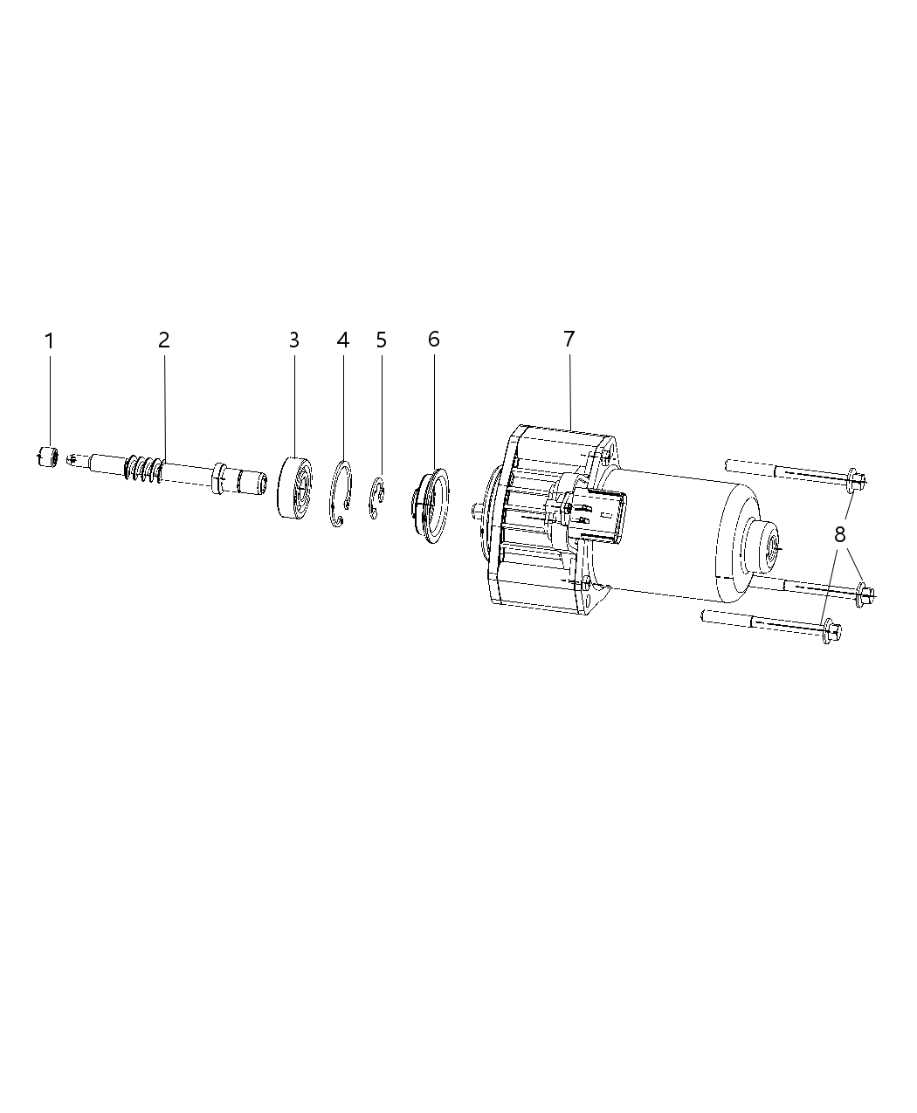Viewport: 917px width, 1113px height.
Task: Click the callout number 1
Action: click(x=50, y=340)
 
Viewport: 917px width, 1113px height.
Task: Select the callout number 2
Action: click(x=164, y=340)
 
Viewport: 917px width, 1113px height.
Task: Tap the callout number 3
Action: click(x=294, y=340)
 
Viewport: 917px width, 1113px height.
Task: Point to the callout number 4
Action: click(x=343, y=340)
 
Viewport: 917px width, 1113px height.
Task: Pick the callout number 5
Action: click(x=382, y=340)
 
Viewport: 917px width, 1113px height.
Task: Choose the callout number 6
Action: click(x=434, y=340)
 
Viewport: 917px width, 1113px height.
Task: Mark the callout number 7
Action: click(x=569, y=340)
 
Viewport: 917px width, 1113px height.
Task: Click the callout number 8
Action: click(x=840, y=534)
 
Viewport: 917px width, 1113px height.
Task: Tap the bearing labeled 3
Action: click(x=293, y=487)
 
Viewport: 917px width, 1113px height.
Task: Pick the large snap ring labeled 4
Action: click(x=341, y=495)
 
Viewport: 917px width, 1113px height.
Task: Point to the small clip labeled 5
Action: click(x=378, y=498)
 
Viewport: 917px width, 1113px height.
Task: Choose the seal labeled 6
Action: click(x=429, y=507)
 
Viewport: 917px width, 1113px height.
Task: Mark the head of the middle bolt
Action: click(x=865, y=594)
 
